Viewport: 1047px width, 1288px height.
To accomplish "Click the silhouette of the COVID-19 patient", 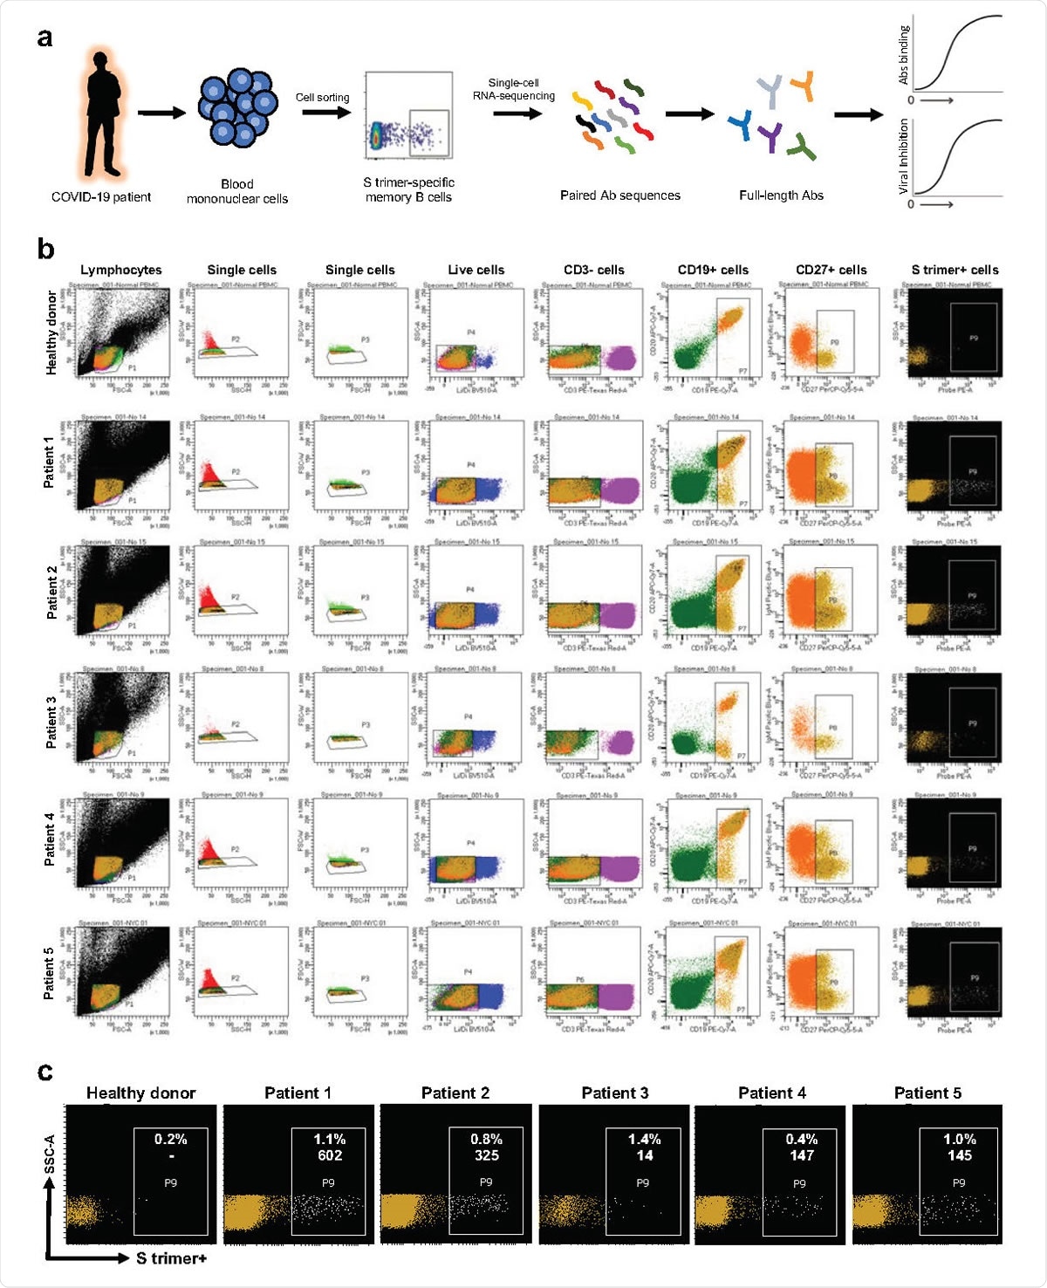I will (x=103, y=113).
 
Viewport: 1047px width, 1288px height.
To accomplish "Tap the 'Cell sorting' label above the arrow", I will (x=322, y=98).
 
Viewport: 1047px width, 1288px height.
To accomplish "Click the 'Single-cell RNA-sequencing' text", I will (x=513, y=89).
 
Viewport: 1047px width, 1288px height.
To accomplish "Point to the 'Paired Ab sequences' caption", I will (x=619, y=195).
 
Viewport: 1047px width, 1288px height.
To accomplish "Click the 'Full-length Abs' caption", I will (x=781, y=195).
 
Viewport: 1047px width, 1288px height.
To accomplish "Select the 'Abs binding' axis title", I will (x=904, y=54).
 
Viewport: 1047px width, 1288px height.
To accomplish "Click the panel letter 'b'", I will (x=45, y=250).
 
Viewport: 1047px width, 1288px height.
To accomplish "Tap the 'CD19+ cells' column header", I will (x=713, y=270).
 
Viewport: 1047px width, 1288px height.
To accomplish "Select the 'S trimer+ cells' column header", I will (x=955, y=270).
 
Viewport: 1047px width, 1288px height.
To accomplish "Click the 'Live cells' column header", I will (x=476, y=270).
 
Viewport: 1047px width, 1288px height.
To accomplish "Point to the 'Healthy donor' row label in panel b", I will (x=51, y=333).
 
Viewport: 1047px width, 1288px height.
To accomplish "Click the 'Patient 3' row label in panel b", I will (x=51, y=722).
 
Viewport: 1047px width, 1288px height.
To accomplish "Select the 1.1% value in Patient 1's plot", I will (x=330, y=1139).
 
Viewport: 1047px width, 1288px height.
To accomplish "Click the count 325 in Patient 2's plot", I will (x=486, y=1155).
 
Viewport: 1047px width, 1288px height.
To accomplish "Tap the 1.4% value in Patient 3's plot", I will (x=644, y=1139).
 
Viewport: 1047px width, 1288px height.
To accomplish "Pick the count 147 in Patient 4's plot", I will (x=801, y=1155).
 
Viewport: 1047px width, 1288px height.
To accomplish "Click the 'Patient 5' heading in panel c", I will (x=927, y=1093).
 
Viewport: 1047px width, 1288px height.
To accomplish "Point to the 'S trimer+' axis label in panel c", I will (x=171, y=1257).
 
